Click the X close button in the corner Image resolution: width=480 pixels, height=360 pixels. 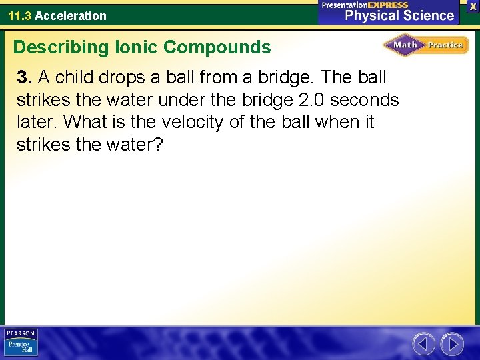coord(472,5)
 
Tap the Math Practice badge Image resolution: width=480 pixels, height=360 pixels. coord(425,45)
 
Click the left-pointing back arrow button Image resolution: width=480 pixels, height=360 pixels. coord(423,344)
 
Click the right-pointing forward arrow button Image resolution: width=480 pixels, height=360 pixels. coord(452,344)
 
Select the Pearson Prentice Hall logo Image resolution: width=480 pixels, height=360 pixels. coord(21,343)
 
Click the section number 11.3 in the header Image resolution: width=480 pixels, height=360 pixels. coord(19,15)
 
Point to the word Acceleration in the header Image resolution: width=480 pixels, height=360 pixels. coord(71,15)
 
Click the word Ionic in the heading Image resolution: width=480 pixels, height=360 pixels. coord(135,47)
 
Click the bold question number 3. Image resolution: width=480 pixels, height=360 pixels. coord(24,77)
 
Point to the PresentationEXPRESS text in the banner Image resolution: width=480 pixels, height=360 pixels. coord(365,5)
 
